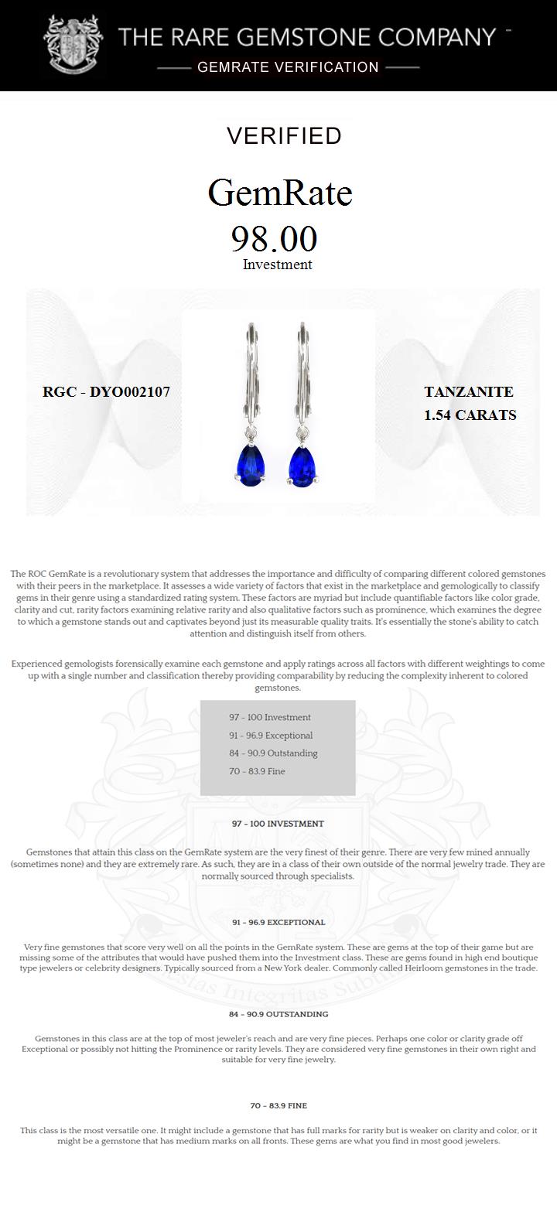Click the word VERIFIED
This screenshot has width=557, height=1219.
point(284,136)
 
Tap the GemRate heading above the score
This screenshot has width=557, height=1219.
point(280,193)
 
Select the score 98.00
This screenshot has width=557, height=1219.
point(275,238)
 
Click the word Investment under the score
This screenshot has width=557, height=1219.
point(277,265)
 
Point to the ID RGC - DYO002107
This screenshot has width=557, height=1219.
point(106,391)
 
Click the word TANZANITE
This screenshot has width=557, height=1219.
point(469,392)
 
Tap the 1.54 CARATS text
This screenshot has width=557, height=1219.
point(470,415)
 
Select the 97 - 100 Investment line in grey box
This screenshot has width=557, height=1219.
point(269,717)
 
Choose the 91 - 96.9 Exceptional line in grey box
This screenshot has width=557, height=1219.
point(271,736)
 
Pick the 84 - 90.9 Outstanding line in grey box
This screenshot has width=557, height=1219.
point(273,753)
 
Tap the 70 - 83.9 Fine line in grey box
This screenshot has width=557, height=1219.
point(257,771)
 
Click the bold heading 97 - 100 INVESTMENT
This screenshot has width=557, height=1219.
point(278,824)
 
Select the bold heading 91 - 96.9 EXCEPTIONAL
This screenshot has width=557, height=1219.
point(278,922)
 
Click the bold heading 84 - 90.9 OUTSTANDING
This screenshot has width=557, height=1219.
point(278,1014)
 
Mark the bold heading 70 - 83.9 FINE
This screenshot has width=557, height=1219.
point(278,1106)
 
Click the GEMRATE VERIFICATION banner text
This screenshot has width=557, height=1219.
point(288,67)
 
